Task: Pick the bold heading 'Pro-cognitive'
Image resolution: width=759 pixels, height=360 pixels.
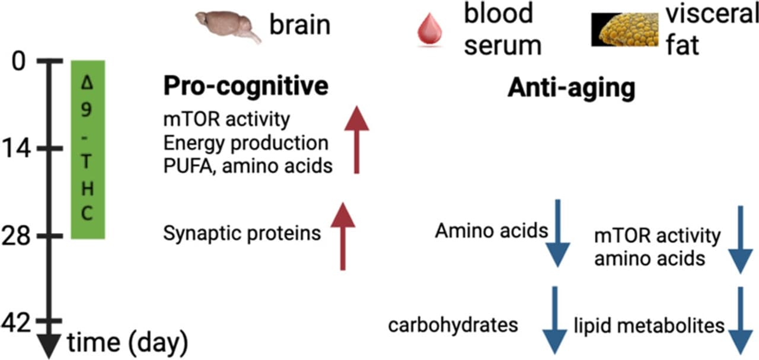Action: pyautogui.click(x=245, y=87)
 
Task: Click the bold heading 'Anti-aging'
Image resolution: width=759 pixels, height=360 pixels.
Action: pyautogui.click(x=571, y=88)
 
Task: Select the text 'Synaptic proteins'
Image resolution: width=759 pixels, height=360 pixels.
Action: pyautogui.click(x=241, y=233)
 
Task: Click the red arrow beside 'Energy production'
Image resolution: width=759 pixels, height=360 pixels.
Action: pyautogui.click(x=356, y=140)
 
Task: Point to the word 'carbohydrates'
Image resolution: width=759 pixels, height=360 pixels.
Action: pyautogui.click(x=453, y=325)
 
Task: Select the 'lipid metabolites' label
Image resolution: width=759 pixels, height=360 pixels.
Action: pyautogui.click(x=649, y=325)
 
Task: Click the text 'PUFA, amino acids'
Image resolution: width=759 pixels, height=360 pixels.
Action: pyautogui.click(x=247, y=165)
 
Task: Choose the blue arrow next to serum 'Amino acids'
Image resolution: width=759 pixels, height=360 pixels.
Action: pyautogui.click(x=557, y=233)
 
